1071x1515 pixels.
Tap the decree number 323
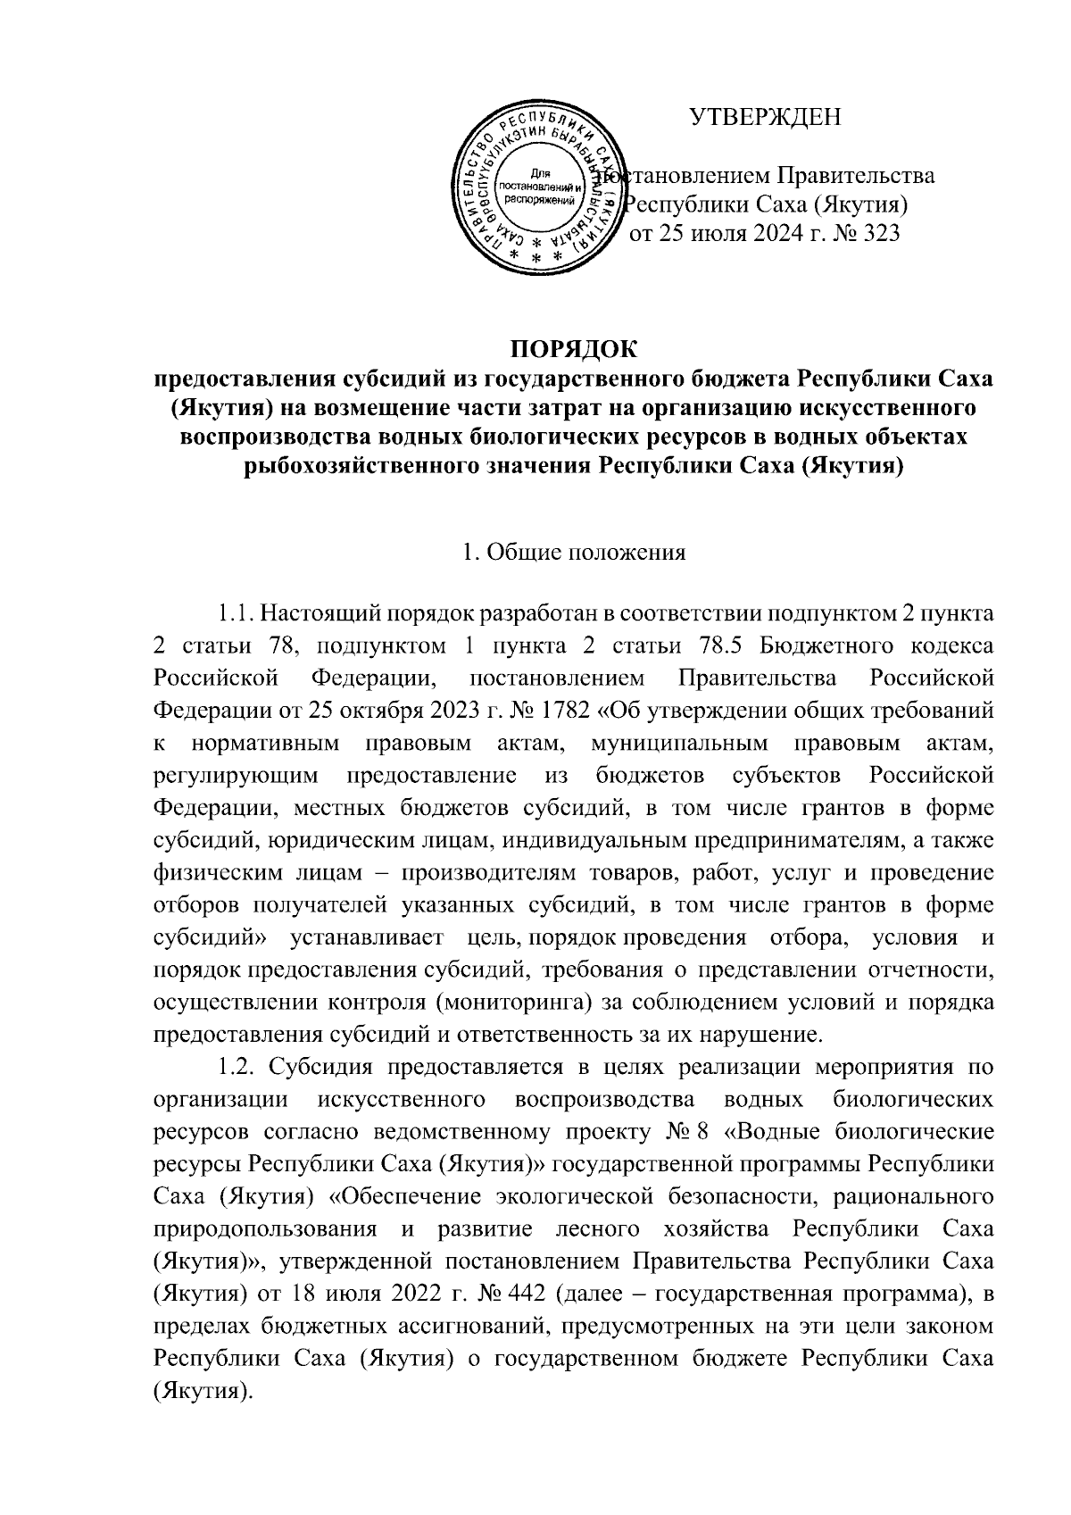coord(877,235)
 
